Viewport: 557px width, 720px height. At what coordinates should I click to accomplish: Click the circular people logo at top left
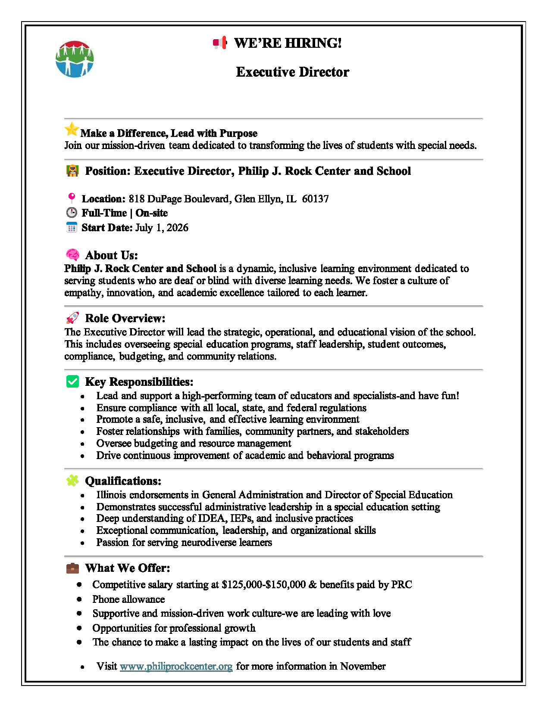75,59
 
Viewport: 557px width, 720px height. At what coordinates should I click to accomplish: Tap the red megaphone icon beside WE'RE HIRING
220,43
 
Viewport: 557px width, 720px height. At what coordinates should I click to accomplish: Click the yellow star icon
72,129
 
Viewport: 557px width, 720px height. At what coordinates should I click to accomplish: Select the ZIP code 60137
315,199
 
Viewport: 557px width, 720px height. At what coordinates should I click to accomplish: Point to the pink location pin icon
72,198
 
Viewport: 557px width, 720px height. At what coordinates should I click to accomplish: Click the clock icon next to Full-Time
72,213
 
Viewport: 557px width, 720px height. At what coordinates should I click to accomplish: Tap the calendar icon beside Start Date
72,227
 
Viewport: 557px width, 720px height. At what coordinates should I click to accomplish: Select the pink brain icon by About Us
72,254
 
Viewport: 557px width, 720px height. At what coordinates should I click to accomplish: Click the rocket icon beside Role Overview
72,318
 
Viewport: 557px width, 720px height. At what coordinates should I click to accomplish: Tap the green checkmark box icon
72,382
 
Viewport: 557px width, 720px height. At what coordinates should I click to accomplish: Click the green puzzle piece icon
72,481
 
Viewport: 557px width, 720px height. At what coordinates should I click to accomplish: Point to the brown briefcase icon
72,568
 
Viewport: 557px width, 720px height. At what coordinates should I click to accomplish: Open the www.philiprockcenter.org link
176,666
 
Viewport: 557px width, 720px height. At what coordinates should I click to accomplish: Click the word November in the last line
363,666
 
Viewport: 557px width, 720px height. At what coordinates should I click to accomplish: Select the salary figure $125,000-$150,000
263,584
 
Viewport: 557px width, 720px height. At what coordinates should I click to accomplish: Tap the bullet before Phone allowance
79,599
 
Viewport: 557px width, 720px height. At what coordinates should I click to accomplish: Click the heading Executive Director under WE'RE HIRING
292,72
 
